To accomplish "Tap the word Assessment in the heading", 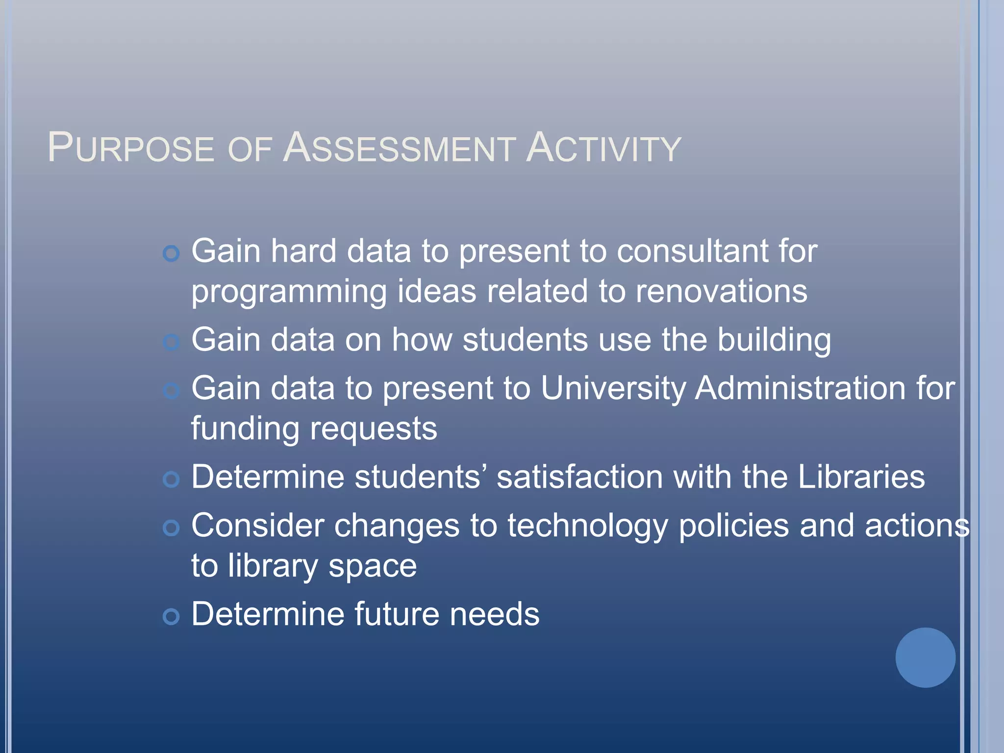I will click(399, 148).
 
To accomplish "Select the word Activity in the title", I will click(603, 148).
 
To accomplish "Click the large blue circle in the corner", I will click(925, 657).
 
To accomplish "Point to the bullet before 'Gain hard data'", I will click(171, 253).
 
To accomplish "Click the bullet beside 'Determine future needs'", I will click(171, 616).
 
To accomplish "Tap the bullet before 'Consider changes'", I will click(171, 528).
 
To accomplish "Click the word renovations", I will click(721, 291).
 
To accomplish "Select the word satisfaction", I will click(579, 477).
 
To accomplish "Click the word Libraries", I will click(861, 477).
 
